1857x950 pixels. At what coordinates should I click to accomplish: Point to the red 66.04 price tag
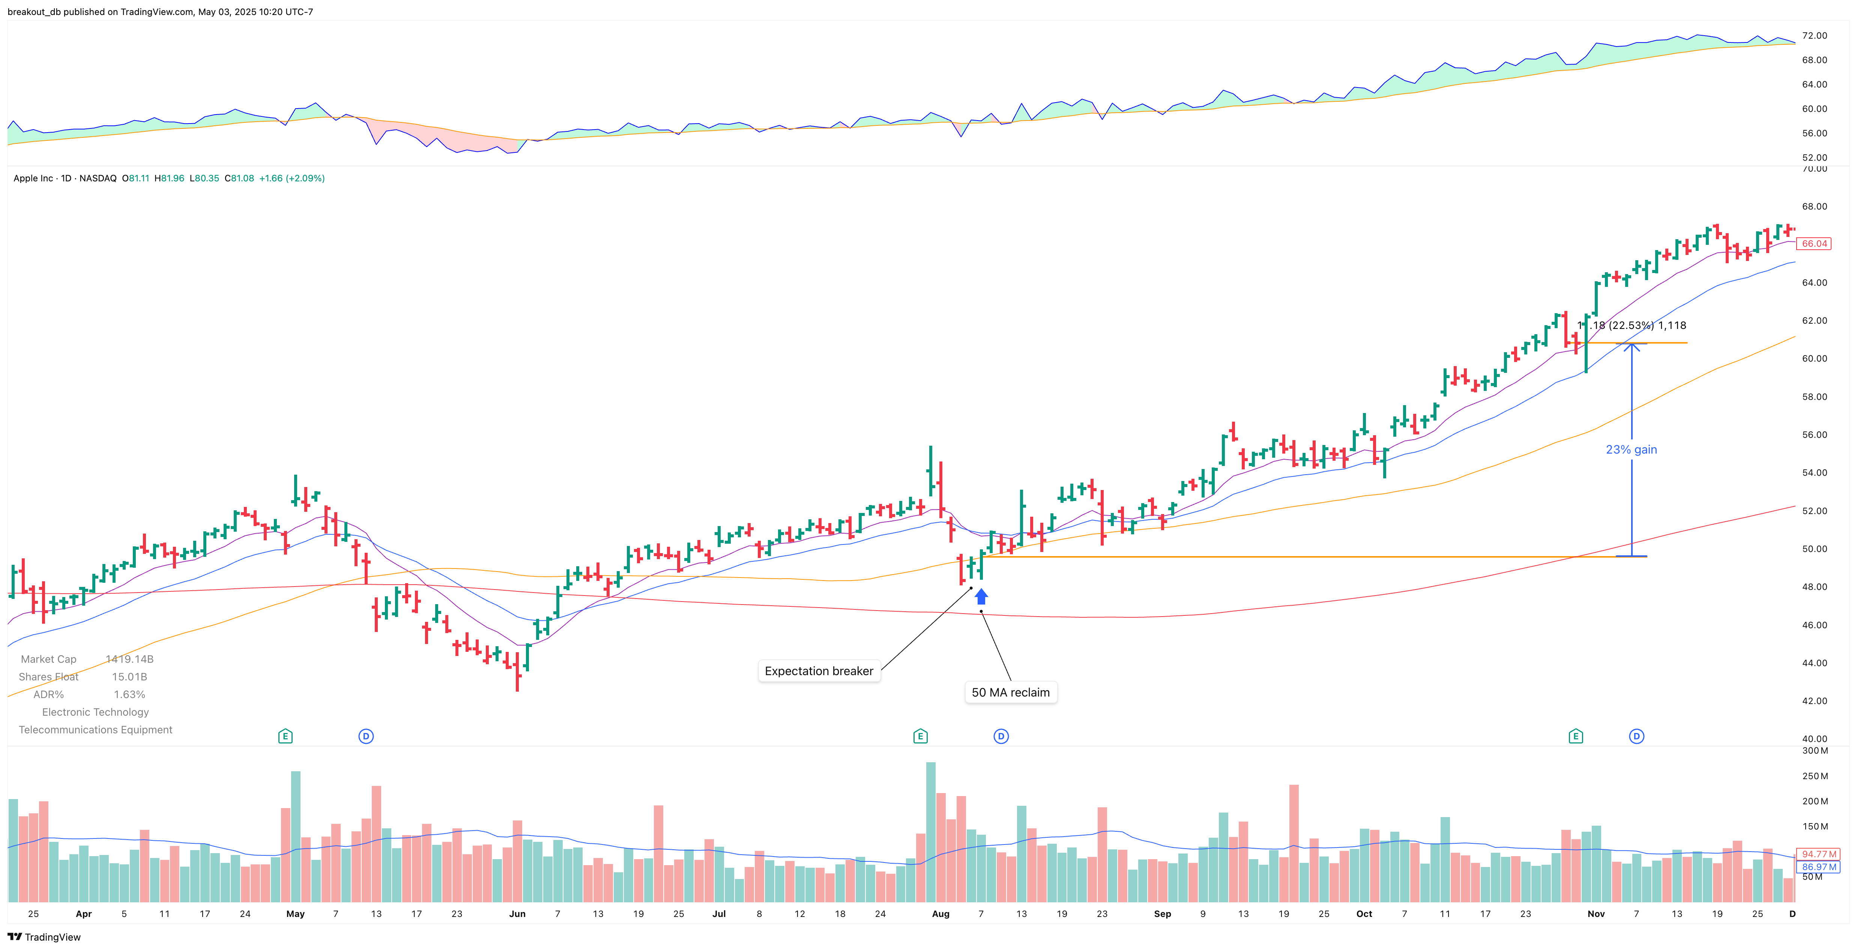coord(1814,244)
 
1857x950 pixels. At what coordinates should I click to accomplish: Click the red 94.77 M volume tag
coord(1819,854)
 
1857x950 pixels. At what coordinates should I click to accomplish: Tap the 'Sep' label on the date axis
coord(1162,914)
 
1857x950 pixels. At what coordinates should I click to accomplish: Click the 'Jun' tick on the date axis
coord(517,914)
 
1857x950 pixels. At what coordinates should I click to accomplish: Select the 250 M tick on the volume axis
coord(1815,776)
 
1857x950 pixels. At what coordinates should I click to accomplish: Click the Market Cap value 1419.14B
coord(130,659)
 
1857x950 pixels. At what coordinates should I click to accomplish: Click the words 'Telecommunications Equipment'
coord(95,730)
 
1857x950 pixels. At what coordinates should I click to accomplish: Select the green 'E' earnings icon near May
coord(285,736)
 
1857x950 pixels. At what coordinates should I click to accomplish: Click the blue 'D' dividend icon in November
coord(1636,736)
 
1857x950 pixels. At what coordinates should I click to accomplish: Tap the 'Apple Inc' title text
coord(33,178)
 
